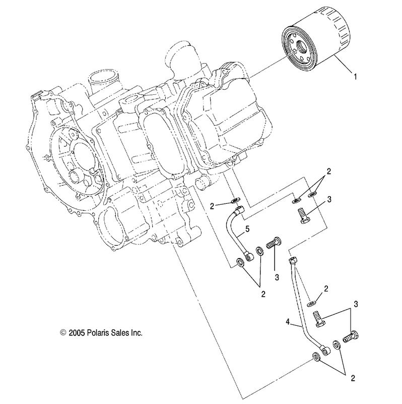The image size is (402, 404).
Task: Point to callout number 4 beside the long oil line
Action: pyautogui.click(x=288, y=321)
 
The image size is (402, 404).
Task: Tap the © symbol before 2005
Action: pyautogui.click(x=63, y=333)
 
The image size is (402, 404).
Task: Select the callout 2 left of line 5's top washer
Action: pyautogui.click(x=213, y=205)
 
